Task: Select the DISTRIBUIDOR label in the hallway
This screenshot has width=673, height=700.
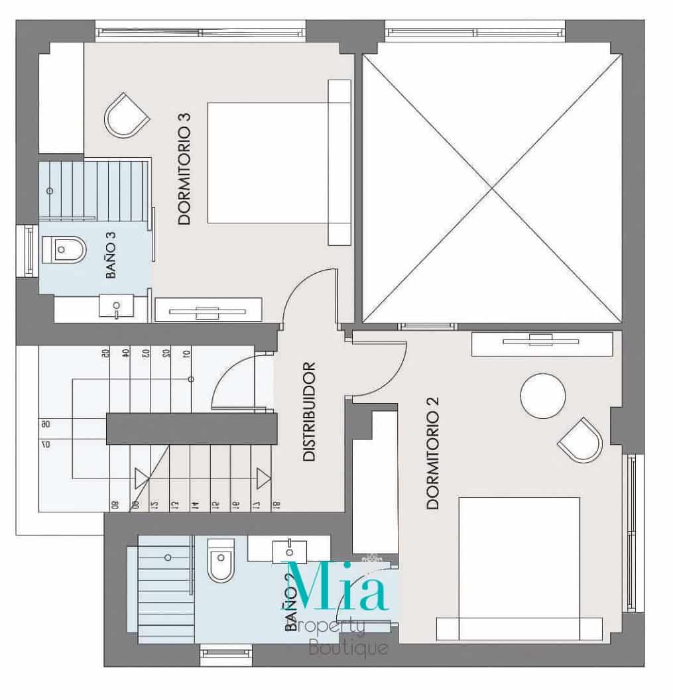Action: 308,411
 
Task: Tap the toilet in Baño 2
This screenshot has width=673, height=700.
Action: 218,560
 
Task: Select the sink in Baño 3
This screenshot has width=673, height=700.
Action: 117,306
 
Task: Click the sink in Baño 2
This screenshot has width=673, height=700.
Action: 290,550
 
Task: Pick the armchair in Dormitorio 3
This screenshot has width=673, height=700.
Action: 126,116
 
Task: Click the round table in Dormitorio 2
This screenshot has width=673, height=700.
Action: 543,396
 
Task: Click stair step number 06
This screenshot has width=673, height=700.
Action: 45,424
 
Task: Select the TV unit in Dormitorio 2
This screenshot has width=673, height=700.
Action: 542,343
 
